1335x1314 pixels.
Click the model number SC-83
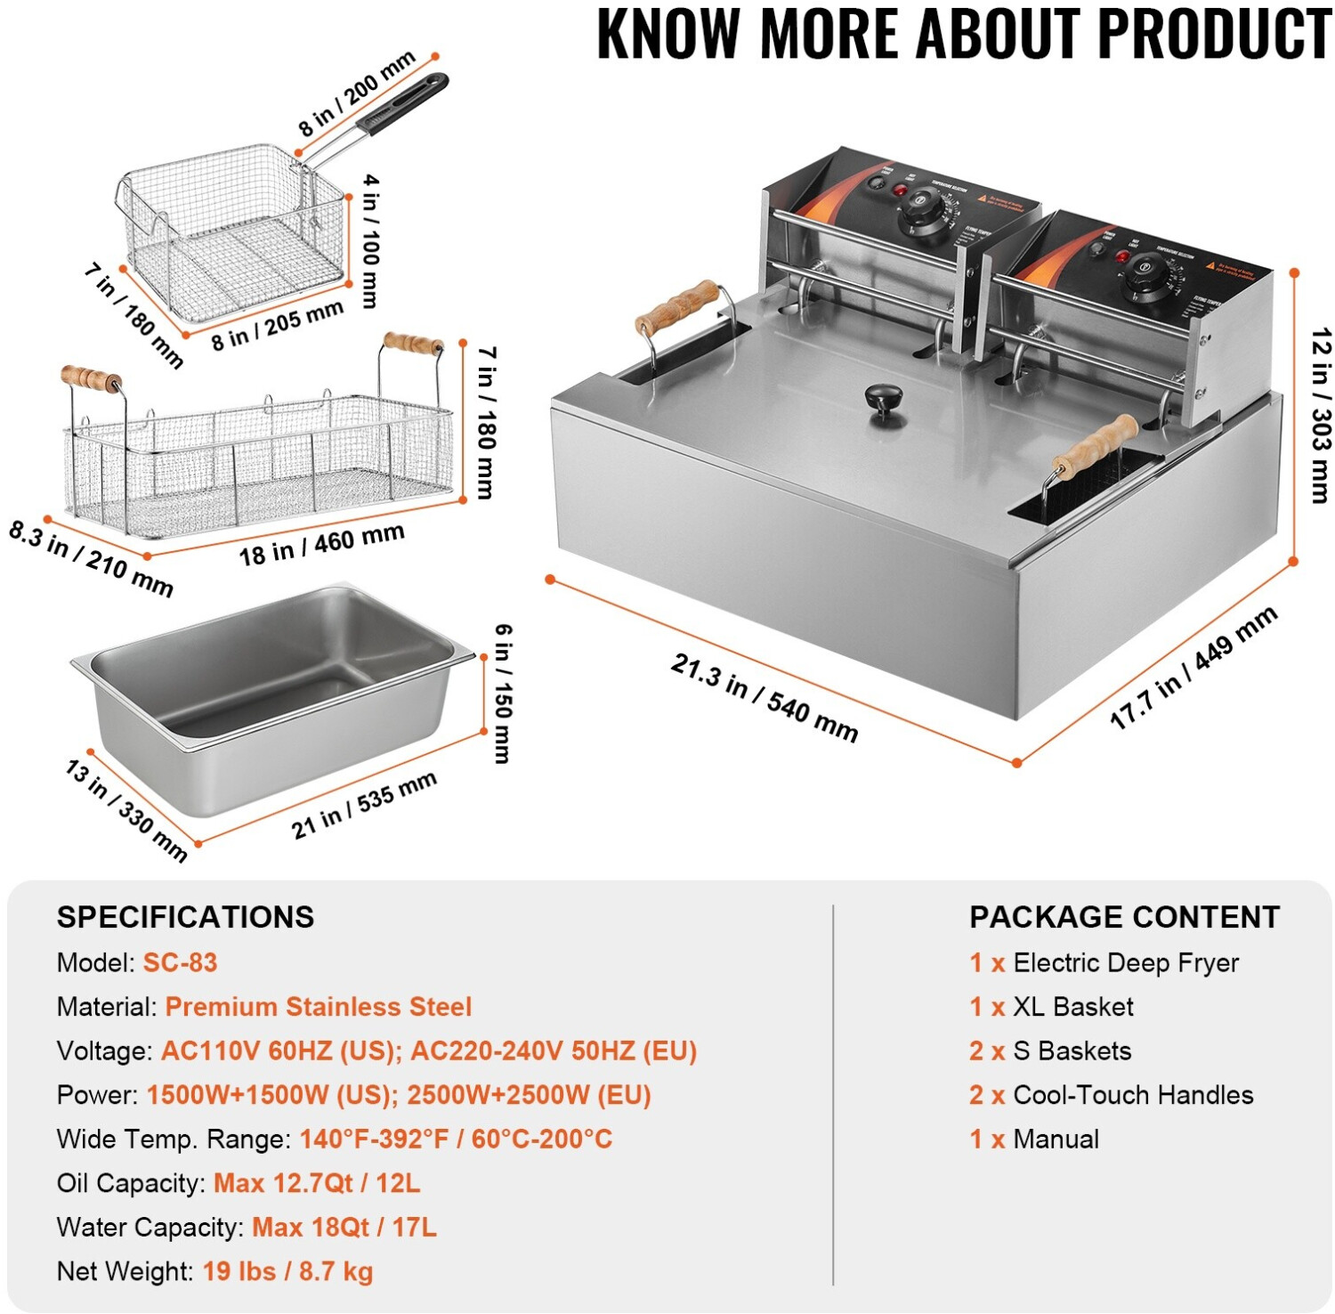[x=180, y=962]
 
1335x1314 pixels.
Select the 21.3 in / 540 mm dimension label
[x=764, y=698]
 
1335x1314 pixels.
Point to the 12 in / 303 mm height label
[x=1321, y=415]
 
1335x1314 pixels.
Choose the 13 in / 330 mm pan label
[x=125, y=810]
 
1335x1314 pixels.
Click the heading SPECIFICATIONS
[x=185, y=917]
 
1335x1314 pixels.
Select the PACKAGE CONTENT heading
[x=1124, y=917]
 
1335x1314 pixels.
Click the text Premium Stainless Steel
[x=318, y=1007]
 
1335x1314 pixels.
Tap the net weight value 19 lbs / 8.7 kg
[x=287, y=1271]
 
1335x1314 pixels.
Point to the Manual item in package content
[x=1056, y=1140]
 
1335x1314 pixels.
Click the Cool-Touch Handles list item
[x=1132, y=1095]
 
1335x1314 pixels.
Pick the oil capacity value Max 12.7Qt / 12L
[x=317, y=1183]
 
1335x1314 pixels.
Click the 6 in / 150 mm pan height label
[x=503, y=693]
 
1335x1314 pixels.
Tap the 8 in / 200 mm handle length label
[x=357, y=93]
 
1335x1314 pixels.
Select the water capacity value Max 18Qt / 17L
[x=344, y=1228]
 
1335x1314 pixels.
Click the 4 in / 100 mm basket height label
[x=370, y=240]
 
